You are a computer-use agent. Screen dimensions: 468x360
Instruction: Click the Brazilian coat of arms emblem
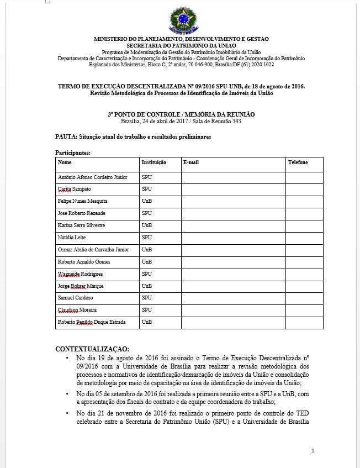(181, 20)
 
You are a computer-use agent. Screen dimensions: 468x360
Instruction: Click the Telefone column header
(298, 162)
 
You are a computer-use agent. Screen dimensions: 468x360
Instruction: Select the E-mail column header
(190, 162)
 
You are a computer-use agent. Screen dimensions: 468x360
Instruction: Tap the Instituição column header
(154, 162)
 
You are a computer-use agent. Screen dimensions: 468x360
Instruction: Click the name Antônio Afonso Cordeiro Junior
(93, 177)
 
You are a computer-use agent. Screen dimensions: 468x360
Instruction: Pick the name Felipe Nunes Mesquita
(83, 201)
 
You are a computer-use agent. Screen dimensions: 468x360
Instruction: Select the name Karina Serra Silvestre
(82, 225)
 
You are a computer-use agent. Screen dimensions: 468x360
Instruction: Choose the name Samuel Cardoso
(76, 298)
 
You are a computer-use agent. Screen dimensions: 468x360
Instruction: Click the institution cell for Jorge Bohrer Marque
(147, 286)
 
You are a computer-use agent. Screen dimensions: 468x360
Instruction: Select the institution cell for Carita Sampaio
(147, 189)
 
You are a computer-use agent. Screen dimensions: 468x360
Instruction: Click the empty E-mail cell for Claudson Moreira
(233, 310)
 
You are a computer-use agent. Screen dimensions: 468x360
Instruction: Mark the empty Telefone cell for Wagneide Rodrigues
(304, 274)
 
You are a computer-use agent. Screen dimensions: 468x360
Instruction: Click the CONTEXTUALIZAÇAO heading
(92, 349)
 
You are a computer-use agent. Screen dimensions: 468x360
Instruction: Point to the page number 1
(313, 451)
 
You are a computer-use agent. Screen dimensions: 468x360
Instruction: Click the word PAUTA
(66, 136)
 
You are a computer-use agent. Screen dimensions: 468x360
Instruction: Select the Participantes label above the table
(73, 152)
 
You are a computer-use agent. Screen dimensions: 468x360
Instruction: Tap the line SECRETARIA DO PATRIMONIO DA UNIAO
(181, 45)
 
